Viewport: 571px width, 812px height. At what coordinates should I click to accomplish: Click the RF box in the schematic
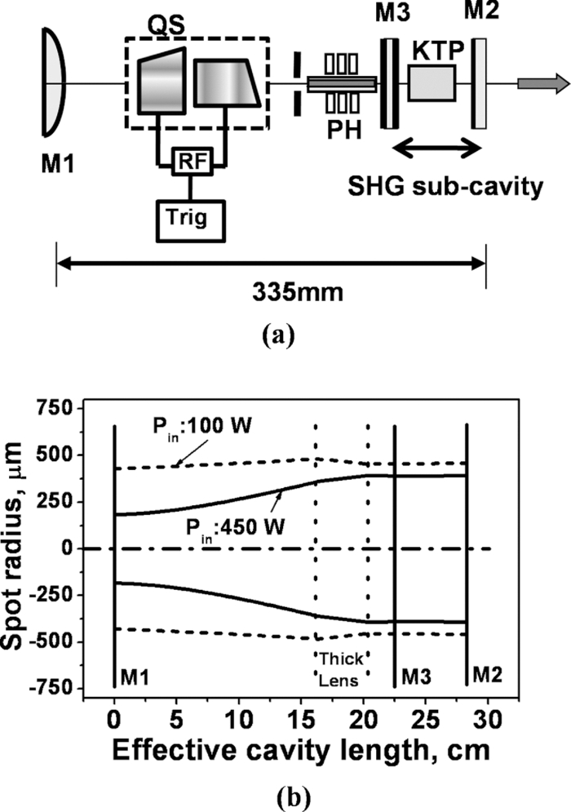click(192, 162)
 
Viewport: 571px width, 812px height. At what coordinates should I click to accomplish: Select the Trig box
click(191, 220)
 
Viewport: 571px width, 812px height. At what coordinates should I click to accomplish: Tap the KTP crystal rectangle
click(432, 83)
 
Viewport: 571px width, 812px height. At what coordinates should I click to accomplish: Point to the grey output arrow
click(543, 83)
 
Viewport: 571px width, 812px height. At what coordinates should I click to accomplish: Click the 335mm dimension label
click(298, 293)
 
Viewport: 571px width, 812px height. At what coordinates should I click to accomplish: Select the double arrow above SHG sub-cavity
click(437, 148)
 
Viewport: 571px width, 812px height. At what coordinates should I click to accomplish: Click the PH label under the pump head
click(344, 130)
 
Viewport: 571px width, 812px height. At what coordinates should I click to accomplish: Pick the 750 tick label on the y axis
click(58, 408)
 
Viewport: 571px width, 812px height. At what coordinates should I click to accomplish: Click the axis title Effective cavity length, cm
click(301, 751)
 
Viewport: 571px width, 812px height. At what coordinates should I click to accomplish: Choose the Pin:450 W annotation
click(236, 530)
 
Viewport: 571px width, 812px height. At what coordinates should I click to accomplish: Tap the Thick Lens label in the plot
click(340, 669)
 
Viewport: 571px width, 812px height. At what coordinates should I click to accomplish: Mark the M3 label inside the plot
click(416, 677)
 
